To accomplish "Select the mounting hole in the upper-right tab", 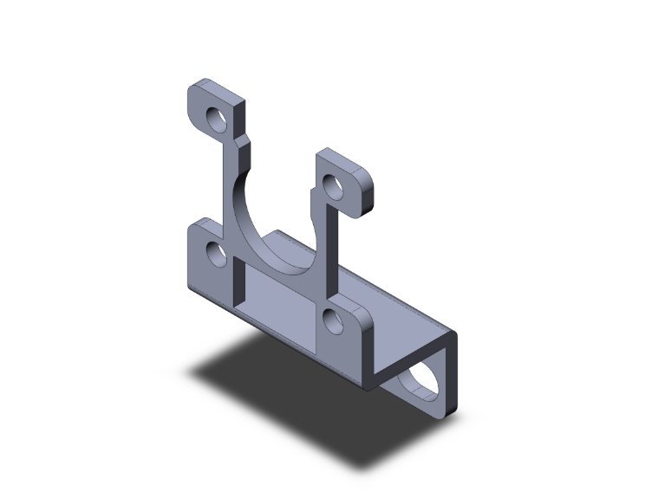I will [x=333, y=185].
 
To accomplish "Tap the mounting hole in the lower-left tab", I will [x=216, y=254].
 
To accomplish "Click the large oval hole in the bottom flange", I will [x=423, y=381].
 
